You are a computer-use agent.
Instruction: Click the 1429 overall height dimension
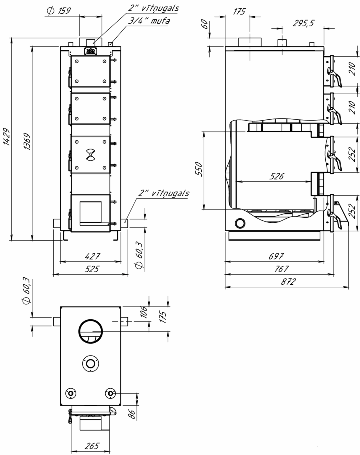(x=6, y=137)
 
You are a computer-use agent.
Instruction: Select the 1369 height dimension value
(x=27, y=141)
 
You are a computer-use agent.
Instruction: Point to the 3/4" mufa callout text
(x=149, y=21)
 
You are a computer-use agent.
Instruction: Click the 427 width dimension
(x=92, y=256)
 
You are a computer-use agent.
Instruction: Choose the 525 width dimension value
(x=92, y=269)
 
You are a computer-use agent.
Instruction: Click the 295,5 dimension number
(x=303, y=23)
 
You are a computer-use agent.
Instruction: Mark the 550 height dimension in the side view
(x=199, y=169)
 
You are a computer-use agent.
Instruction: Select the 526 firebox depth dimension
(x=277, y=176)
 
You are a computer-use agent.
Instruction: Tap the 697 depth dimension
(x=276, y=256)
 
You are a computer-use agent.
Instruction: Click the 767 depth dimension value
(x=281, y=269)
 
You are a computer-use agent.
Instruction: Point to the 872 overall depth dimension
(x=288, y=282)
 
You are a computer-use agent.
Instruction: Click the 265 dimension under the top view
(x=92, y=446)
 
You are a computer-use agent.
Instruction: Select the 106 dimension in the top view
(x=144, y=312)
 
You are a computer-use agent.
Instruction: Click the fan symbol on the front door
(x=91, y=155)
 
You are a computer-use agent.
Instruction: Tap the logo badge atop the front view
(x=91, y=51)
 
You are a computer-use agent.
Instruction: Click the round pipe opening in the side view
(x=240, y=223)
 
